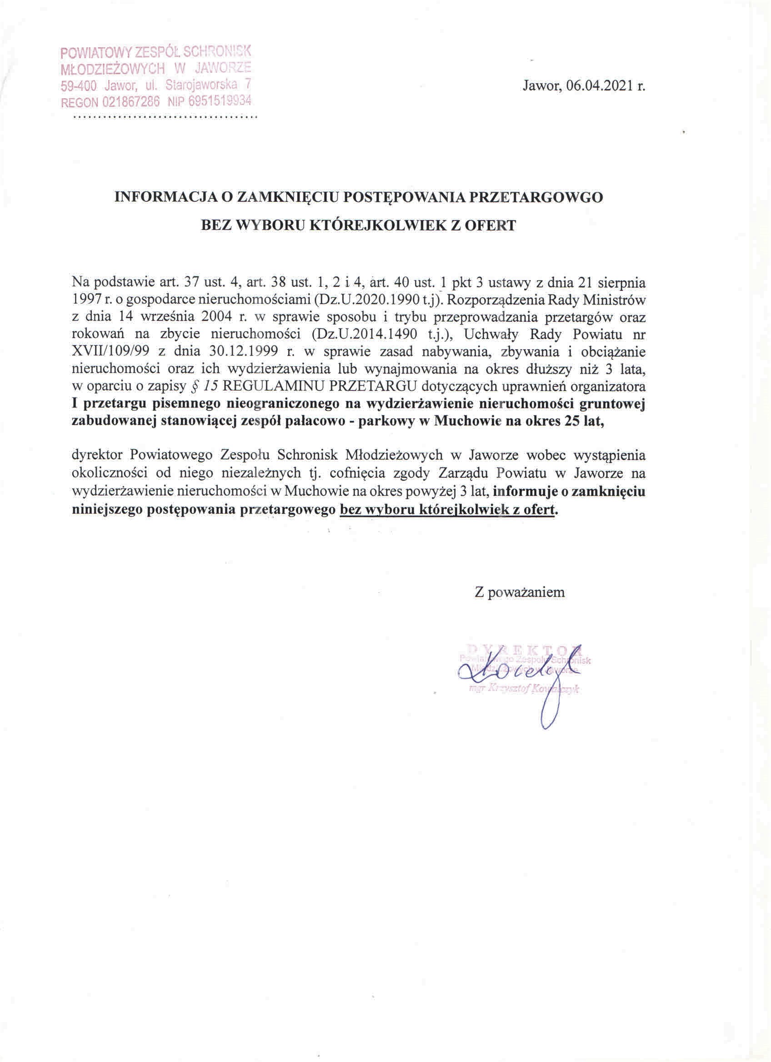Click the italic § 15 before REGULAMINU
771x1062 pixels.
[x=205, y=386]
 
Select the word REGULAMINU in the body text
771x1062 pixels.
[x=265, y=386]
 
